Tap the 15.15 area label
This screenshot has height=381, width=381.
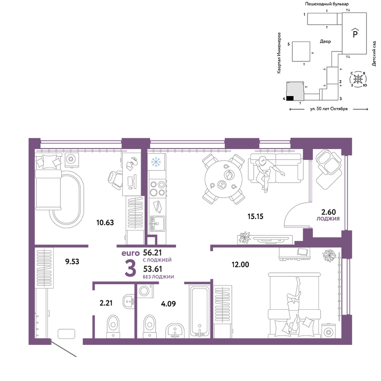pyautogui.click(x=255, y=216)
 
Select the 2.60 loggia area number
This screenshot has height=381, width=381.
pyautogui.click(x=328, y=212)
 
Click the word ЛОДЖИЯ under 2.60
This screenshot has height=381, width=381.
pyautogui.click(x=328, y=219)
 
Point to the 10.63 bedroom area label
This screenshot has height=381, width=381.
pyautogui.click(x=105, y=223)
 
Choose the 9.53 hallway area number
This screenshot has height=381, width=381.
pyautogui.click(x=72, y=262)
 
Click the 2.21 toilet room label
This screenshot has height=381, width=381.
pyautogui.click(x=106, y=303)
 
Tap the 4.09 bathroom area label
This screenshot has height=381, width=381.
pyautogui.click(x=168, y=304)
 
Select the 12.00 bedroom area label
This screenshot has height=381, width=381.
pyautogui.click(x=240, y=265)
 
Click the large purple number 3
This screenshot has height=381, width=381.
pyautogui.click(x=130, y=268)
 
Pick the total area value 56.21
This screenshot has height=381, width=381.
pyautogui.click(x=152, y=253)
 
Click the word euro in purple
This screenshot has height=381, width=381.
pyautogui.click(x=131, y=253)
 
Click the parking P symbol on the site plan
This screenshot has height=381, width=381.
pyautogui.click(x=355, y=33)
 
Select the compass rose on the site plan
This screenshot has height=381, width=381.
pyautogui.click(x=358, y=79)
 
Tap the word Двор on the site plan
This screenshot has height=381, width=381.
pyautogui.click(x=325, y=42)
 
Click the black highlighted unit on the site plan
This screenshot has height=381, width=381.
pyautogui.click(x=290, y=98)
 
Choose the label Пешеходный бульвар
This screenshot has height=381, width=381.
pyautogui.click(x=327, y=4)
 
